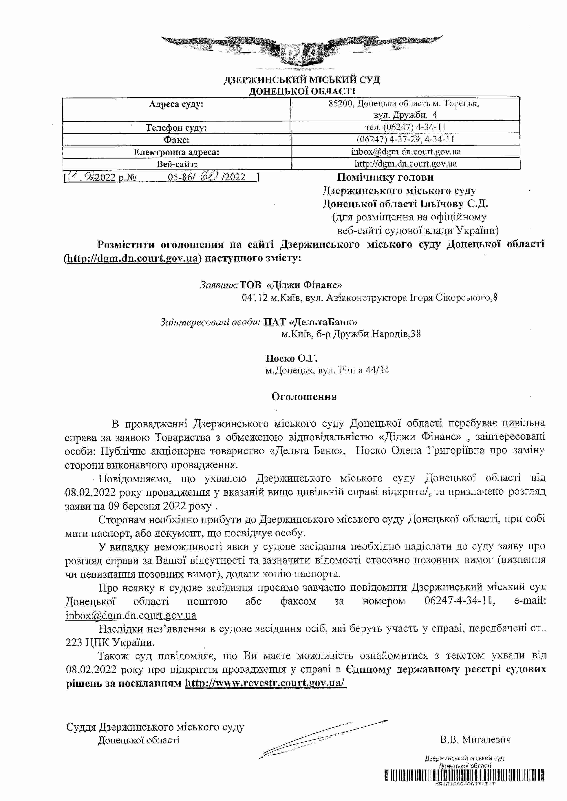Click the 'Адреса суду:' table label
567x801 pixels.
[176, 104]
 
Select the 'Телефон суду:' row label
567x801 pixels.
[176, 127]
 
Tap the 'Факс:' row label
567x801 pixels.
[176, 140]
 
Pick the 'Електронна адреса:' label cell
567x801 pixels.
[176, 152]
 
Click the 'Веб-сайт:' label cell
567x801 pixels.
[176, 164]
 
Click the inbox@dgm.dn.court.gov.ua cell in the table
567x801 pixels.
[406, 152]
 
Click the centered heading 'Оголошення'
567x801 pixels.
[304, 397]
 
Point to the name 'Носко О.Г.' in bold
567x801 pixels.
[291, 358]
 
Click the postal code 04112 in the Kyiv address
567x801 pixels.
[254, 298]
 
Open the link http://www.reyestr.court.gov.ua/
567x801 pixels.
[265, 683]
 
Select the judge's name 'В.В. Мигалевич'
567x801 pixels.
[475, 740]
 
